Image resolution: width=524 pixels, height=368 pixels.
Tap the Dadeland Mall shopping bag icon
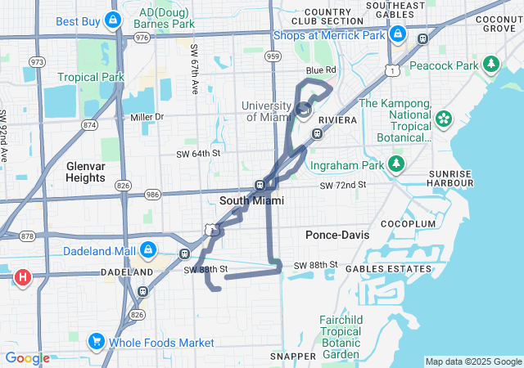click(148, 248)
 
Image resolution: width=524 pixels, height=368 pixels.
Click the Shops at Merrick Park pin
click(398, 34)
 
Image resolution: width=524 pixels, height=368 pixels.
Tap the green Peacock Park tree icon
click(491, 63)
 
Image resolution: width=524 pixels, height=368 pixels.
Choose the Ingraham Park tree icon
click(396, 166)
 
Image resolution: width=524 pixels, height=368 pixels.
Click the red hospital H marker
click(23, 277)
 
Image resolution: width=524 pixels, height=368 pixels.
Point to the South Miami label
click(252, 200)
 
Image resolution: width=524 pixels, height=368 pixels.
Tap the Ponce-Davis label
click(337, 235)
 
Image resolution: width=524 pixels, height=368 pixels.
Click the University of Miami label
click(267, 112)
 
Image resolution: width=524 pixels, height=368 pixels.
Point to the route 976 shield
click(142, 37)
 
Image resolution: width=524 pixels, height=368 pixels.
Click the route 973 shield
click(38, 61)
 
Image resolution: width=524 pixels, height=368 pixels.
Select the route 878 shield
click(27, 236)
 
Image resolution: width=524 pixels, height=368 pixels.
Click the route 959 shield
click(273, 56)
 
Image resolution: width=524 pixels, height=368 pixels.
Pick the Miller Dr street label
click(147, 117)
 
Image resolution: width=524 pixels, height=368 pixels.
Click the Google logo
click(27, 358)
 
